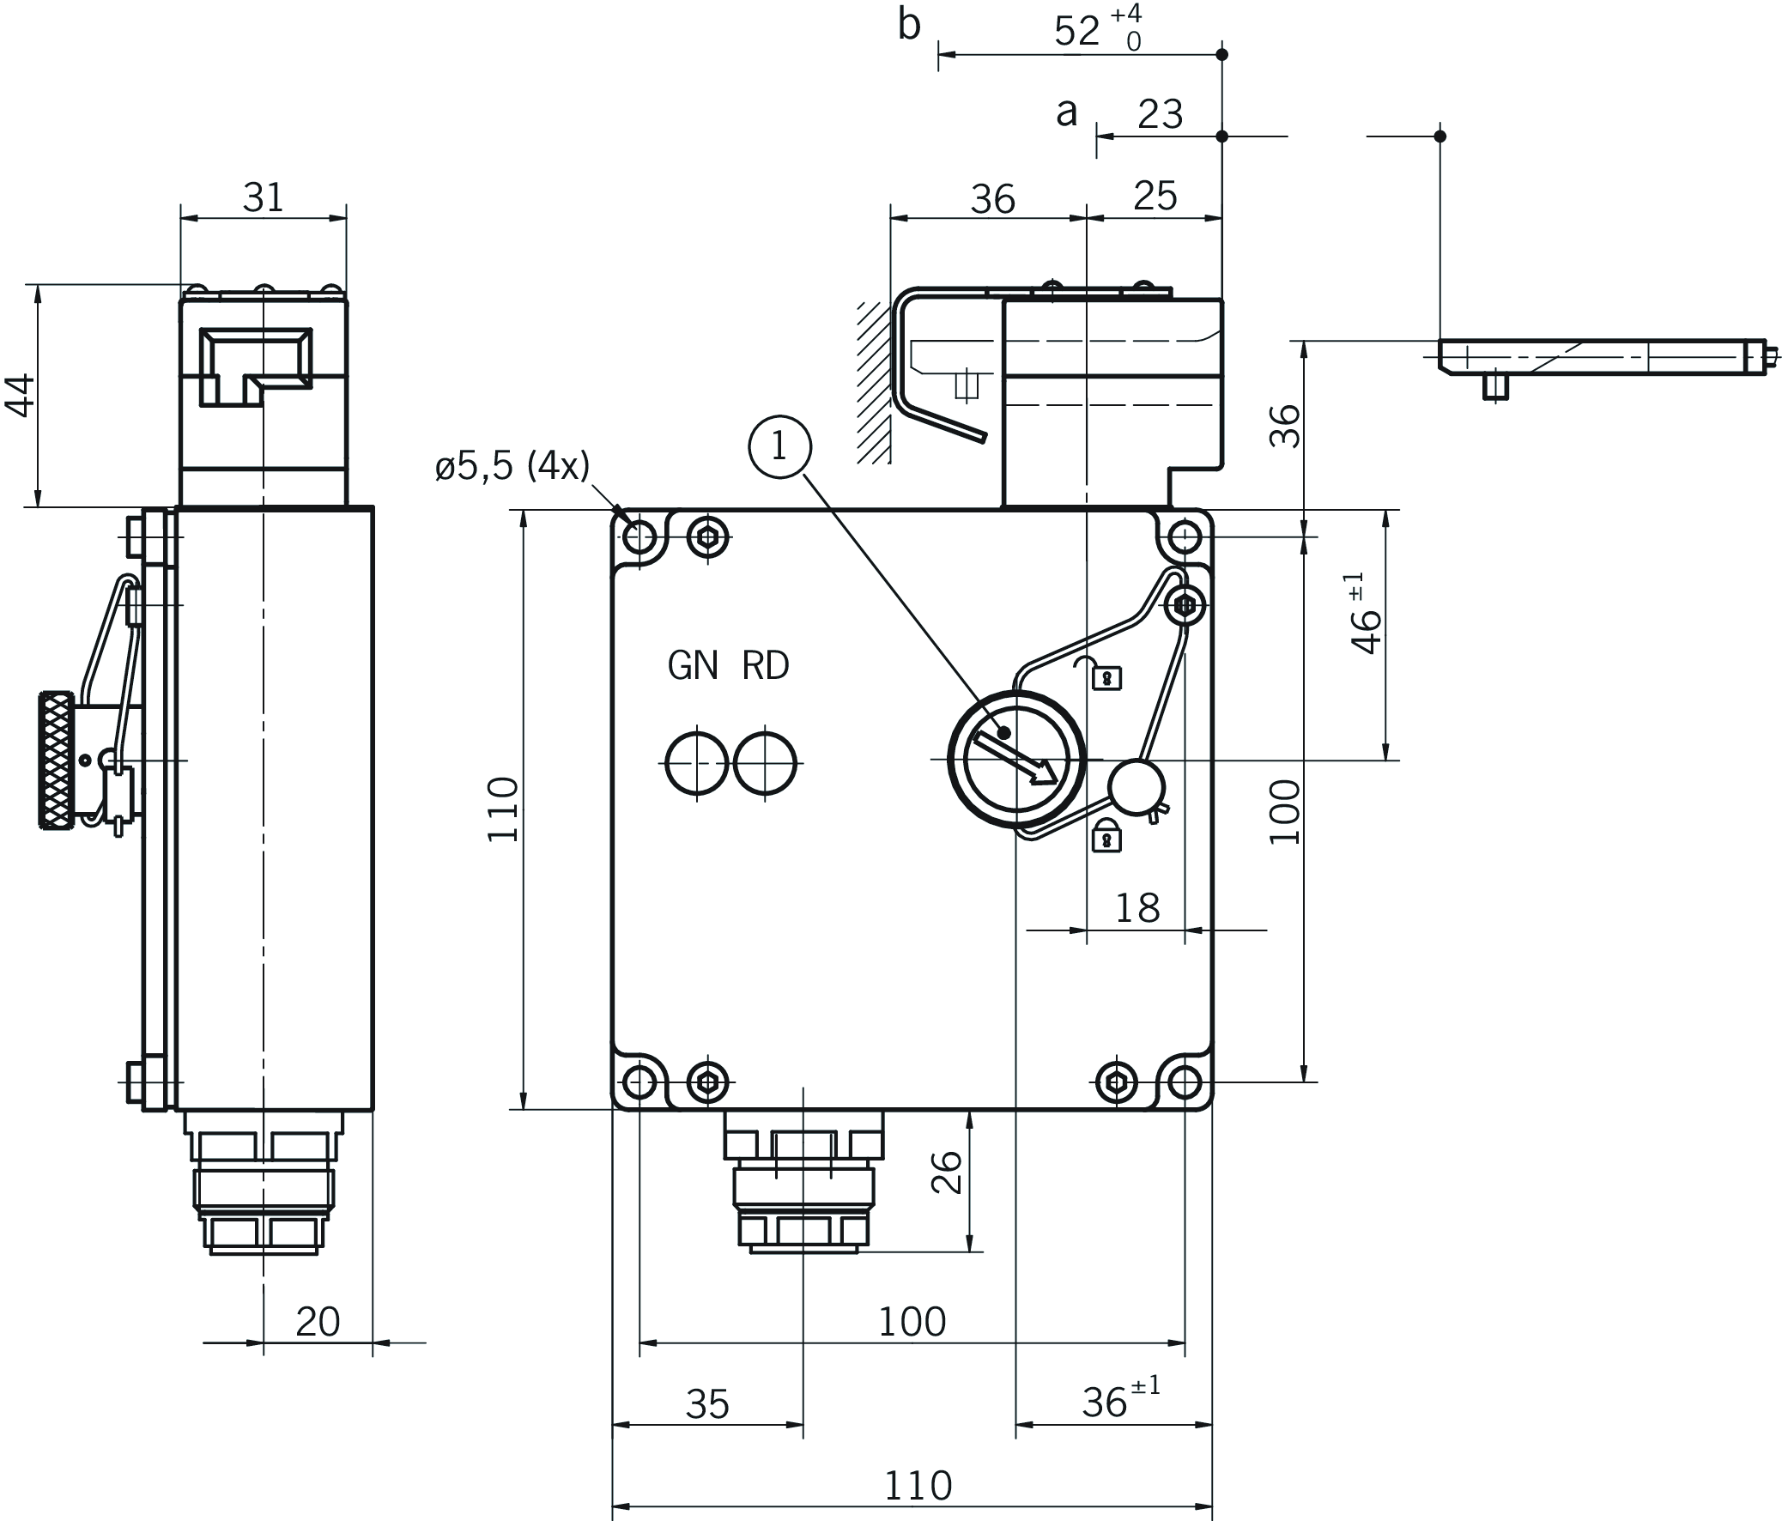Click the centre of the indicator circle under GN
coord(697,763)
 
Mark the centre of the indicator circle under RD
coord(766,763)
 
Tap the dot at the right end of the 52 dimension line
coord(1222,55)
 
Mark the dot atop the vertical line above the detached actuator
coord(1440,136)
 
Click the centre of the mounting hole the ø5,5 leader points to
coord(639,537)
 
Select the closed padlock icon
coord(1106,836)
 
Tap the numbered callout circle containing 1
coord(779,446)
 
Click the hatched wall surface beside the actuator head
coord(873,384)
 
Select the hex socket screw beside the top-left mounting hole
coord(708,538)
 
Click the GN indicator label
coord(693,666)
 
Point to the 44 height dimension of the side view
coord(21,396)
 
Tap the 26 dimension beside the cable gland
coord(946,1172)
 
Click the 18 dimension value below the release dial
coord(1137,908)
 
